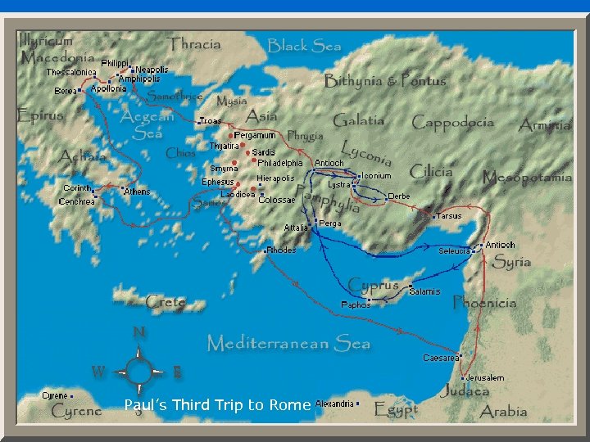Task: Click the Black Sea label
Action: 304,46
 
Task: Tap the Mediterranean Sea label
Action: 288,342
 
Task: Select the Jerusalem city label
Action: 485,377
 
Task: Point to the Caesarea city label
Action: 440,358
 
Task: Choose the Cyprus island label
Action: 373,285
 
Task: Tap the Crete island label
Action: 166,303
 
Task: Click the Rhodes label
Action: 282,250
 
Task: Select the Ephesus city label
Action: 218,182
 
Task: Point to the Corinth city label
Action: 78,188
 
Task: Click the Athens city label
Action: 137,192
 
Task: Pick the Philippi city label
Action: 115,63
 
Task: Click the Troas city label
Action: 211,120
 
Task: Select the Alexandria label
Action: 334,404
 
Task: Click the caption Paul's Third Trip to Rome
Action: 217,404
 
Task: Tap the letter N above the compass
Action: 139,332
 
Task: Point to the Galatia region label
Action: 358,120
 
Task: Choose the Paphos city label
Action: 356,304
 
